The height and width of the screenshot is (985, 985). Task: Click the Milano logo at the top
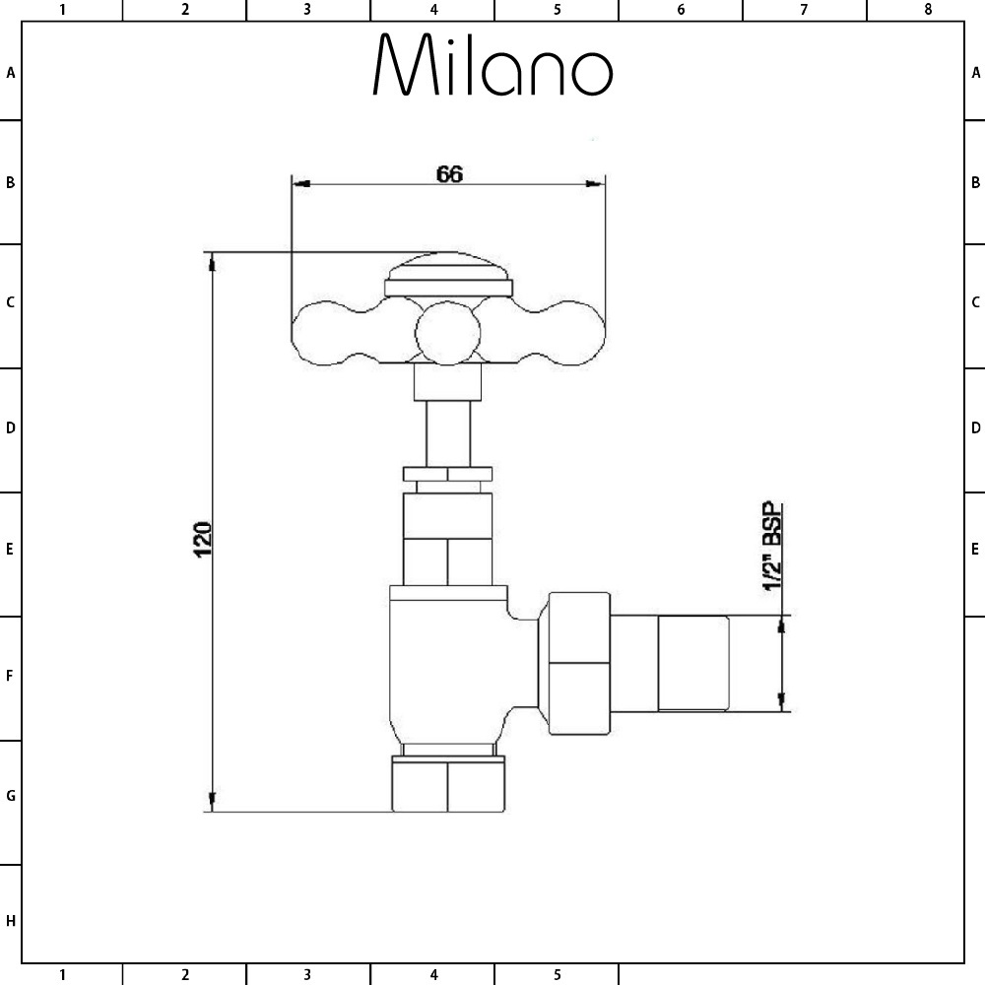pyautogui.click(x=492, y=66)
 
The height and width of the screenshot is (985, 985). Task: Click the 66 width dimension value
pyautogui.click(x=449, y=173)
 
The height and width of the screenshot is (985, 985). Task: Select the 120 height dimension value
pyautogui.click(x=203, y=539)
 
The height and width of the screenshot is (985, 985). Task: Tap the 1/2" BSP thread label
pyautogui.click(x=773, y=547)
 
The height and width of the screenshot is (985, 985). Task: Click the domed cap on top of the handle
pyautogui.click(x=448, y=272)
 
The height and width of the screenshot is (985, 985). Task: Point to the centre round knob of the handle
pyautogui.click(x=446, y=333)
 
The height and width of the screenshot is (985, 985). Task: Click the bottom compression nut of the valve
pyautogui.click(x=448, y=785)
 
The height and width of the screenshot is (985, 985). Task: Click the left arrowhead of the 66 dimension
pyautogui.click(x=301, y=183)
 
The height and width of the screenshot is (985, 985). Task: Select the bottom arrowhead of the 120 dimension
pyautogui.click(x=211, y=802)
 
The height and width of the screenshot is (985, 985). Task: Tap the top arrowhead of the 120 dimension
pyautogui.click(x=211, y=262)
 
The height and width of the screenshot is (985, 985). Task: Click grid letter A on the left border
pyautogui.click(x=10, y=72)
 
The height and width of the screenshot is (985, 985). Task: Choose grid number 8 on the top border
pyautogui.click(x=927, y=10)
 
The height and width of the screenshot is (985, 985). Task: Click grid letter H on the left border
pyautogui.click(x=10, y=921)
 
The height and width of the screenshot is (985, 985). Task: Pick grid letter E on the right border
pyautogui.click(x=975, y=549)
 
